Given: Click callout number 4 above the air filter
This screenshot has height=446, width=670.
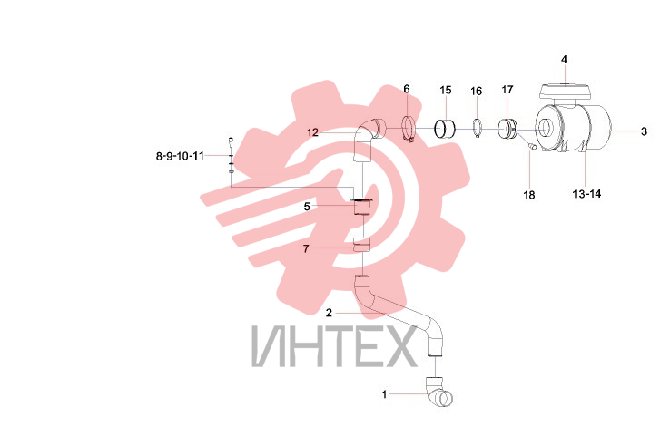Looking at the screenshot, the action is (564, 60).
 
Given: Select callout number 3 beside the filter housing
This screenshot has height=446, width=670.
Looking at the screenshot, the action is (644, 131).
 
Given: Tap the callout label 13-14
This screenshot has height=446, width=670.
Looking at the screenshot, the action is (586, 194).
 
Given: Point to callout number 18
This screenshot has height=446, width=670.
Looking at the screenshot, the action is (529, 195).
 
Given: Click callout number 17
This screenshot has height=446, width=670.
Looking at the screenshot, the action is (507, 90).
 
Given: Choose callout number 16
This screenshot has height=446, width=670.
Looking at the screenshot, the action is (476, 91).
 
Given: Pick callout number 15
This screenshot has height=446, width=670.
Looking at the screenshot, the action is (445, 90).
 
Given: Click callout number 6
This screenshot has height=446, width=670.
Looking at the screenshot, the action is (407, 89).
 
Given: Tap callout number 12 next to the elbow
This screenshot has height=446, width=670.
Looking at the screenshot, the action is (312, 132).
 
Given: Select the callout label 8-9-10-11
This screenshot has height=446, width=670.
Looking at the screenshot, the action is (180, 156).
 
